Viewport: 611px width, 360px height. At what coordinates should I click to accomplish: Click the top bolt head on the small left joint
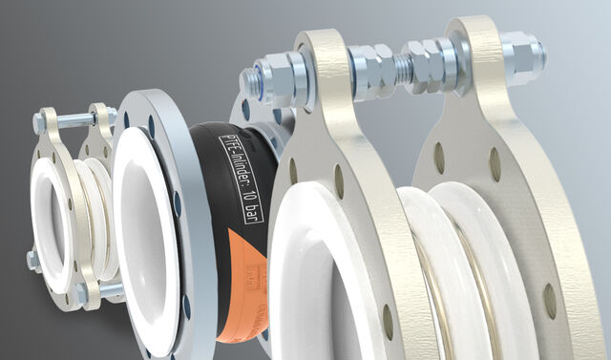(x=40, y=122)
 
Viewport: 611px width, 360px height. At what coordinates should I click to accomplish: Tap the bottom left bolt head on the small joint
(x=32, y=260)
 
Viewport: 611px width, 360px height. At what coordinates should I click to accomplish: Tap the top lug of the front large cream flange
(x=320, y=67)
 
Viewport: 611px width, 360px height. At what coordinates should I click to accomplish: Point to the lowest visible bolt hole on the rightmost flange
(x=550, y=303)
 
